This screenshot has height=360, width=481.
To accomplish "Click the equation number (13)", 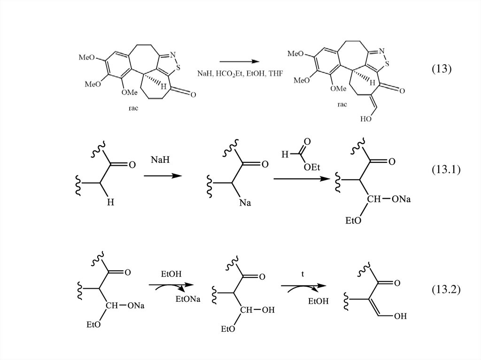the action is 441,69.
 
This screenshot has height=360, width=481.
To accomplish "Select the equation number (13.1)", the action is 445,170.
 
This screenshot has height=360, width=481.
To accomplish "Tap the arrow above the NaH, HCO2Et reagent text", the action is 239,61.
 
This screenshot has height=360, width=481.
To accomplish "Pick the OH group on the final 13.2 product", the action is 400,316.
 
